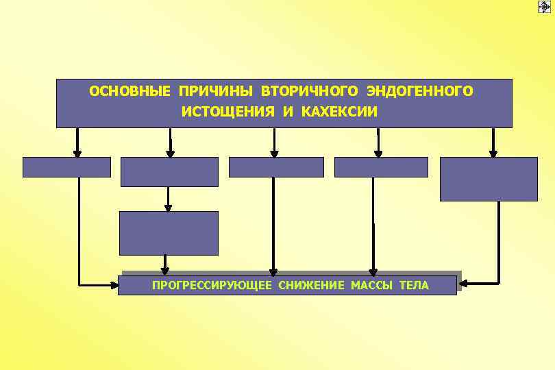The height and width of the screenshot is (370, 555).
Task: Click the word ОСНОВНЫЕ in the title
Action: point(131,91)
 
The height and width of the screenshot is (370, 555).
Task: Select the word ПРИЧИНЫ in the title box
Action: point(212,91)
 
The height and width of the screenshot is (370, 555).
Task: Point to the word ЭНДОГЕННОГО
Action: point(419,91)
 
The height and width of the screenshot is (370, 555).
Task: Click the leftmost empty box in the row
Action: point(66,167)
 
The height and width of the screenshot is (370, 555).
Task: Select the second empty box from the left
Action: point(169,171)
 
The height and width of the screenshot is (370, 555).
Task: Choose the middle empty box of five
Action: point(276,167)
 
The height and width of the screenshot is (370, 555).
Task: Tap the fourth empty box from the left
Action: point(381,167)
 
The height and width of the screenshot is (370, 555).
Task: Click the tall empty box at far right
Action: point(489,179)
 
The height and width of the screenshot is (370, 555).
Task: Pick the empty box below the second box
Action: point(169,233)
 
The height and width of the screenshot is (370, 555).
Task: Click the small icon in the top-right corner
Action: point(545,6)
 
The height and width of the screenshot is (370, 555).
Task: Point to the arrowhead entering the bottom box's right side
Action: point(463,282)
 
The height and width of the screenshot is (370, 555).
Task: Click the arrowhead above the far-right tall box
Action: point(493,153)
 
